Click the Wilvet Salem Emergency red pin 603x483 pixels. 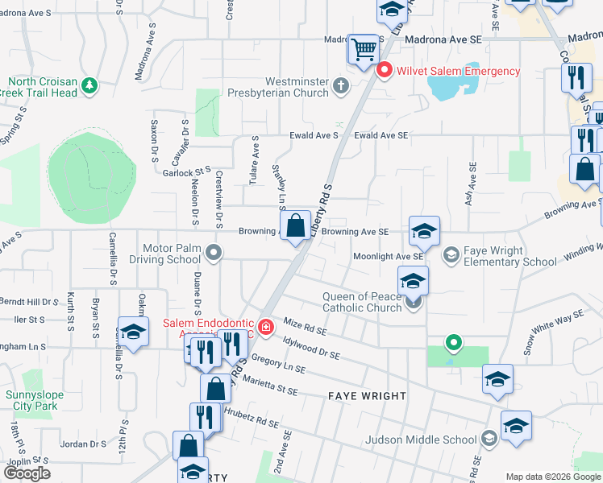click(x=385, y=71)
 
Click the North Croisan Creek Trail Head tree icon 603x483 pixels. click(x=89, y=85)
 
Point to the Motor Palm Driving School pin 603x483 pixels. click(x=214, y=254)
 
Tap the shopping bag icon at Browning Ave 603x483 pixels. click(x=296, y=225)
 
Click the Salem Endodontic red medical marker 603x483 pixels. click(x=264, y=327)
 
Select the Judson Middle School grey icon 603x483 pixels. click(x=488, y=439)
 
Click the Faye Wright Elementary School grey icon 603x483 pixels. click(x=451, y=255)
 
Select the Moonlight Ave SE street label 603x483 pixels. click(x=389, y=256)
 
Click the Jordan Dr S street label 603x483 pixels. click(x=84, y=444)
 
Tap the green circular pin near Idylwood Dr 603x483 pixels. click(x=454, y=343)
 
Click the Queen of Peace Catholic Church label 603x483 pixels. click(x=362, y=301)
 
